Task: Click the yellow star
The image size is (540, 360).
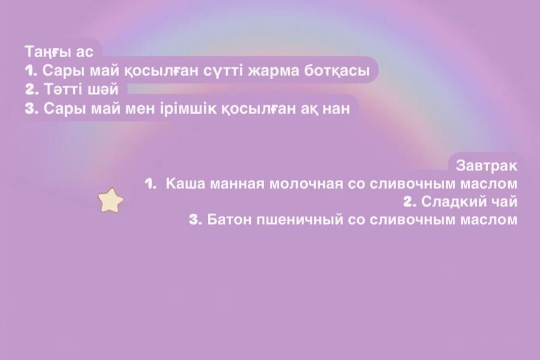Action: click(x=110, y=200)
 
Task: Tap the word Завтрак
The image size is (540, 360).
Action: click(x=487, y=165)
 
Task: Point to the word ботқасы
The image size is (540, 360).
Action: click(x=336, y=71)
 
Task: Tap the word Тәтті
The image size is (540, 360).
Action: click(x=64, y=89)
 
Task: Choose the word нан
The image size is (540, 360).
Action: click(x=336, y=109)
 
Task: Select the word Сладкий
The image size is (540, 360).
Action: click(x=454, y=201)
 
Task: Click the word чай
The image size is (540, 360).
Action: click(x=505, y=201)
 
